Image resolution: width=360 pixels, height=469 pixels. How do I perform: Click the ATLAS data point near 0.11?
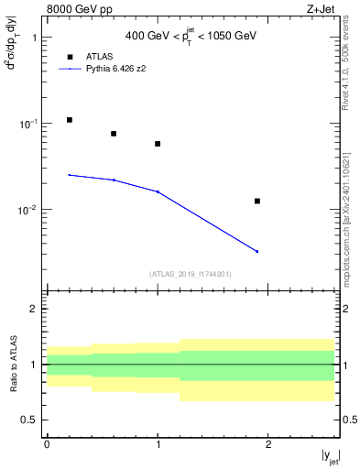tap(70, 120)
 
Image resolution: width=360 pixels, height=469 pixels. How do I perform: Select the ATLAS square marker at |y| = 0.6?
tap(114, 134)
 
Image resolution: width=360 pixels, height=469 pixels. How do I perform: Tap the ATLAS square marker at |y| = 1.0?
tap(158, 144)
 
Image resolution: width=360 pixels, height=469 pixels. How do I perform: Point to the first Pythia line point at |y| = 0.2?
tap(70, 175)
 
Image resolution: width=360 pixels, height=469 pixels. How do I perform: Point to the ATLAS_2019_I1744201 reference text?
tap(191, 273)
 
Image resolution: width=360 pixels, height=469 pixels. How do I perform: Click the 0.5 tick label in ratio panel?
tap(29, 420)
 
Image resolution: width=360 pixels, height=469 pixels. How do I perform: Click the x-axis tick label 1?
tap(158, 444)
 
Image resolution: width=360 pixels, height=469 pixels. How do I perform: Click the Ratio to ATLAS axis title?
tap(11, 364)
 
